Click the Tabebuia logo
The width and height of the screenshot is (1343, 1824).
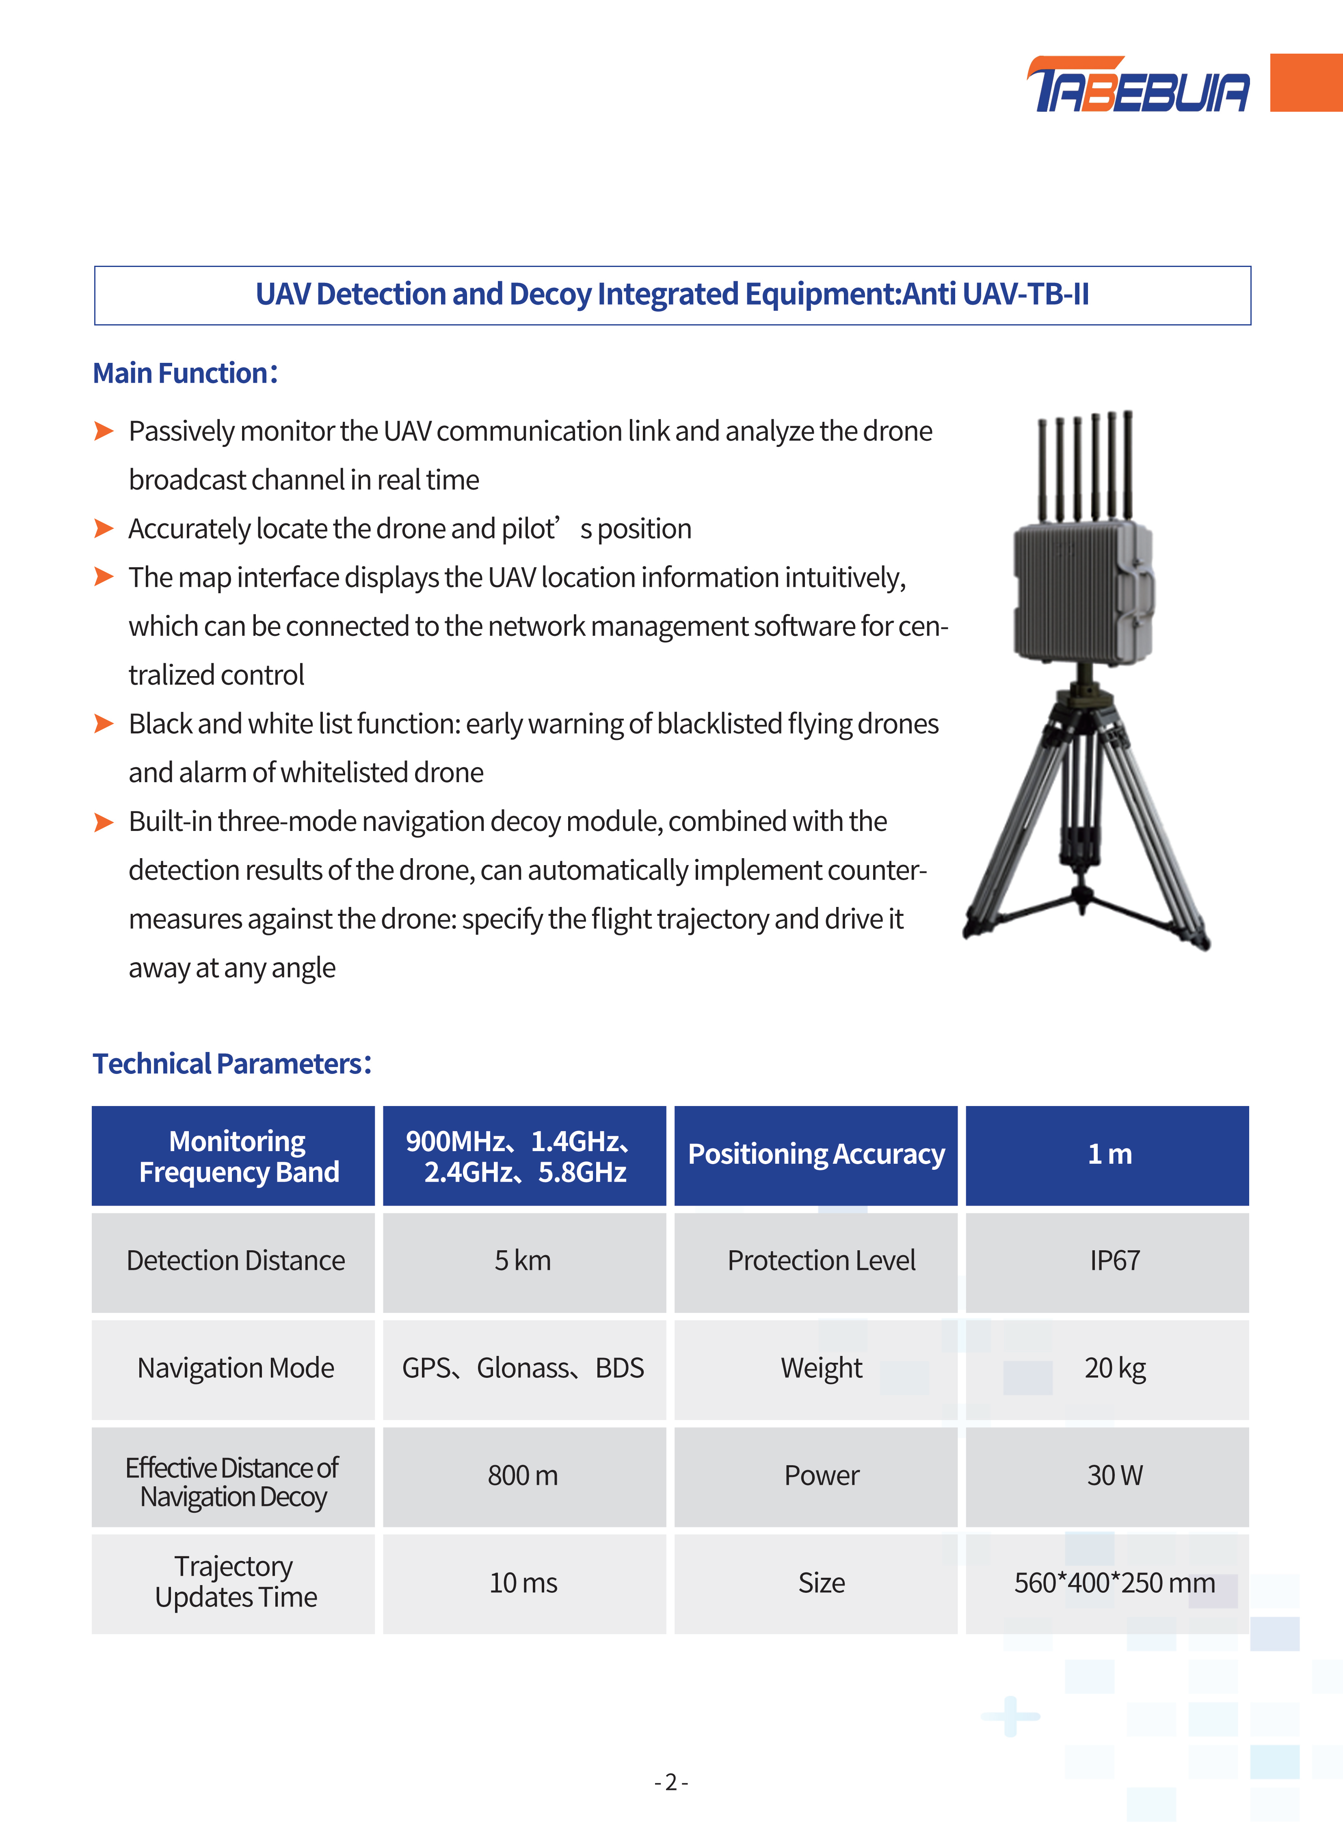1138,85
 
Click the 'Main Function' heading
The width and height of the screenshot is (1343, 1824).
185,373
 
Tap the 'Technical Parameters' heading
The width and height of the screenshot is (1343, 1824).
232,1064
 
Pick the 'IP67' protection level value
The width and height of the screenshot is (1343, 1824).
1114,1260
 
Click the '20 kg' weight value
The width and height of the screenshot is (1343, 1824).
1114,1368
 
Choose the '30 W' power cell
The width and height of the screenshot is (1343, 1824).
1114,1475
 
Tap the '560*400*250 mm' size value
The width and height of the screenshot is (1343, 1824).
1114,1583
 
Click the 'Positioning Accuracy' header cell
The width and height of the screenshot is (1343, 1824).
816,1155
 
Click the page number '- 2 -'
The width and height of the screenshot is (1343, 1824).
672,1783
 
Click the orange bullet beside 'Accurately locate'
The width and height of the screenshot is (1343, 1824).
103,529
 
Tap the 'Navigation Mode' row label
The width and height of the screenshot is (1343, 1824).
236,1368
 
